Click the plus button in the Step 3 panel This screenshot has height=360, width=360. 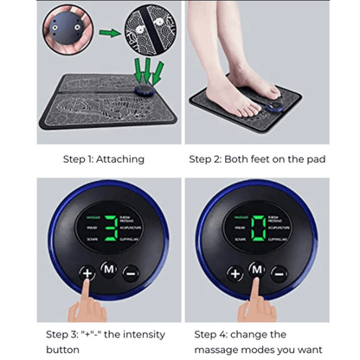tap(87, 273)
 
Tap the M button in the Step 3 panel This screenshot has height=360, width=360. tap(108, 268)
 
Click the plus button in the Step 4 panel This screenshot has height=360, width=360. tap(235, 273)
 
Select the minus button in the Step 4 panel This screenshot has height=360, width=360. tap(278, 273)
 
